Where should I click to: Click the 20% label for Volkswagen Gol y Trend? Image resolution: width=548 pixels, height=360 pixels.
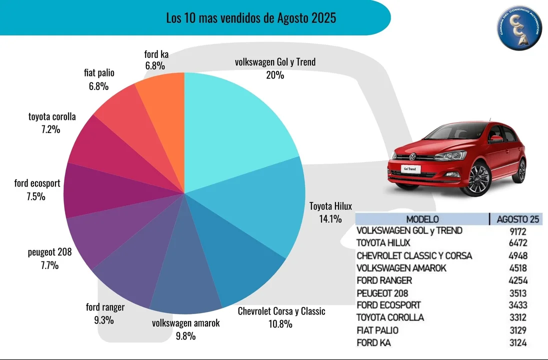coord(275,75)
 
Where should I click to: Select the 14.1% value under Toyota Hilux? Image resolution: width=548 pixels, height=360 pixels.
coord(330,218)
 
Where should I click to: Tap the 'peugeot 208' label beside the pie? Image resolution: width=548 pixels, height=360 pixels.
coord(49,252)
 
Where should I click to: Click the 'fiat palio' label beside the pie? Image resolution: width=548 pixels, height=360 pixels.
coord(99,73)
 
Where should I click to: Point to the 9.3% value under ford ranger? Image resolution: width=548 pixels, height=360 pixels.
coord(104,320)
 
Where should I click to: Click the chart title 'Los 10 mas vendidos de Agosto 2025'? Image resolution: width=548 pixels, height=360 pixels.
coord(251,18)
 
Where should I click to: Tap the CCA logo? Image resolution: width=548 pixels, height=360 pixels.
coord(519,28)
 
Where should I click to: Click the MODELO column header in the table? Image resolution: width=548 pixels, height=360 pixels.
coord(422,219)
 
